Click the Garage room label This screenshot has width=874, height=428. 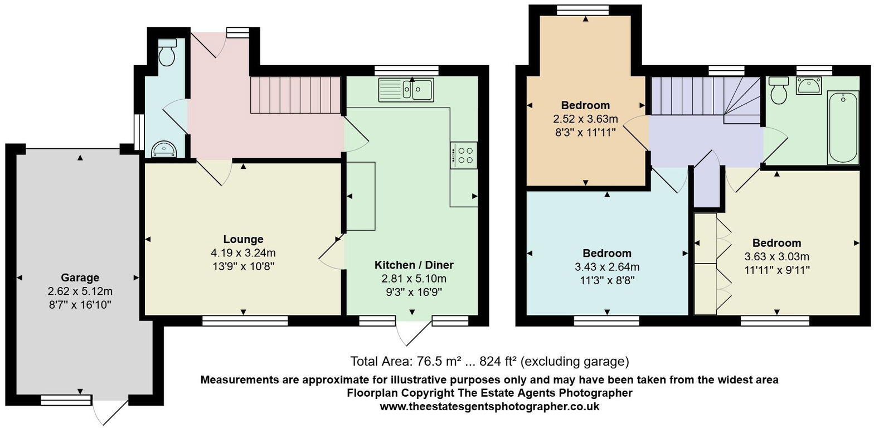pos(80,278)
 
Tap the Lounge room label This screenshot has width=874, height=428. pos(243,240)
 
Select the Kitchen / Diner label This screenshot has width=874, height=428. pos(414,265)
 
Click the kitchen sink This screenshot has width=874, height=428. pos(406,89)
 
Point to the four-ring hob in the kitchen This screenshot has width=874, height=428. pos(464,154)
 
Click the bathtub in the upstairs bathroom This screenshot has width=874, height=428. pos(843,128)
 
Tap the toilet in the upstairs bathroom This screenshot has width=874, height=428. pos(778,90)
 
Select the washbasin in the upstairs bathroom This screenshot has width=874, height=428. pos(808,86)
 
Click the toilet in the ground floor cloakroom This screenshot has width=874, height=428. pos(167,52)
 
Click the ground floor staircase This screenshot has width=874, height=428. pos(295,95)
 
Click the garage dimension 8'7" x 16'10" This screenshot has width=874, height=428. pos(80,304)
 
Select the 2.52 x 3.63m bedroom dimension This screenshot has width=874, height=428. pos(585,119)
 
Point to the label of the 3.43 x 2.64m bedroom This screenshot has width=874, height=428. pos(607,253)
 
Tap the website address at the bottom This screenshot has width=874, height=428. pos(489,406)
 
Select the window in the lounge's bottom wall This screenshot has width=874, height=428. pos(245,320)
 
